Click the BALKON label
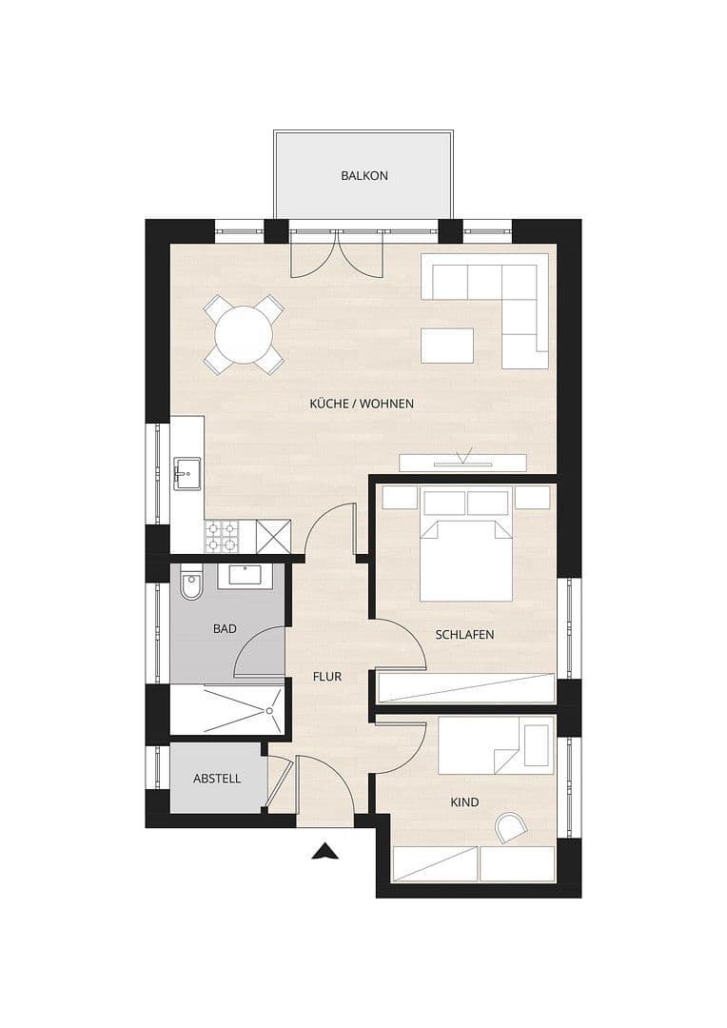[364, 176]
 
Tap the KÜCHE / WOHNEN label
[362, 404]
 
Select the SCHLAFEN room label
[464, 635]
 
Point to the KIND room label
[464, 802]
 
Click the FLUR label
[327, 678]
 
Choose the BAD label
[226, 629]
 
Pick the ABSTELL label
[217, 779]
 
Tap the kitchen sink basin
[187, 470]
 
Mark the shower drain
[271, 710]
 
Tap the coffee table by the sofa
[448, 345]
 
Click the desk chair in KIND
[509, 825]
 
